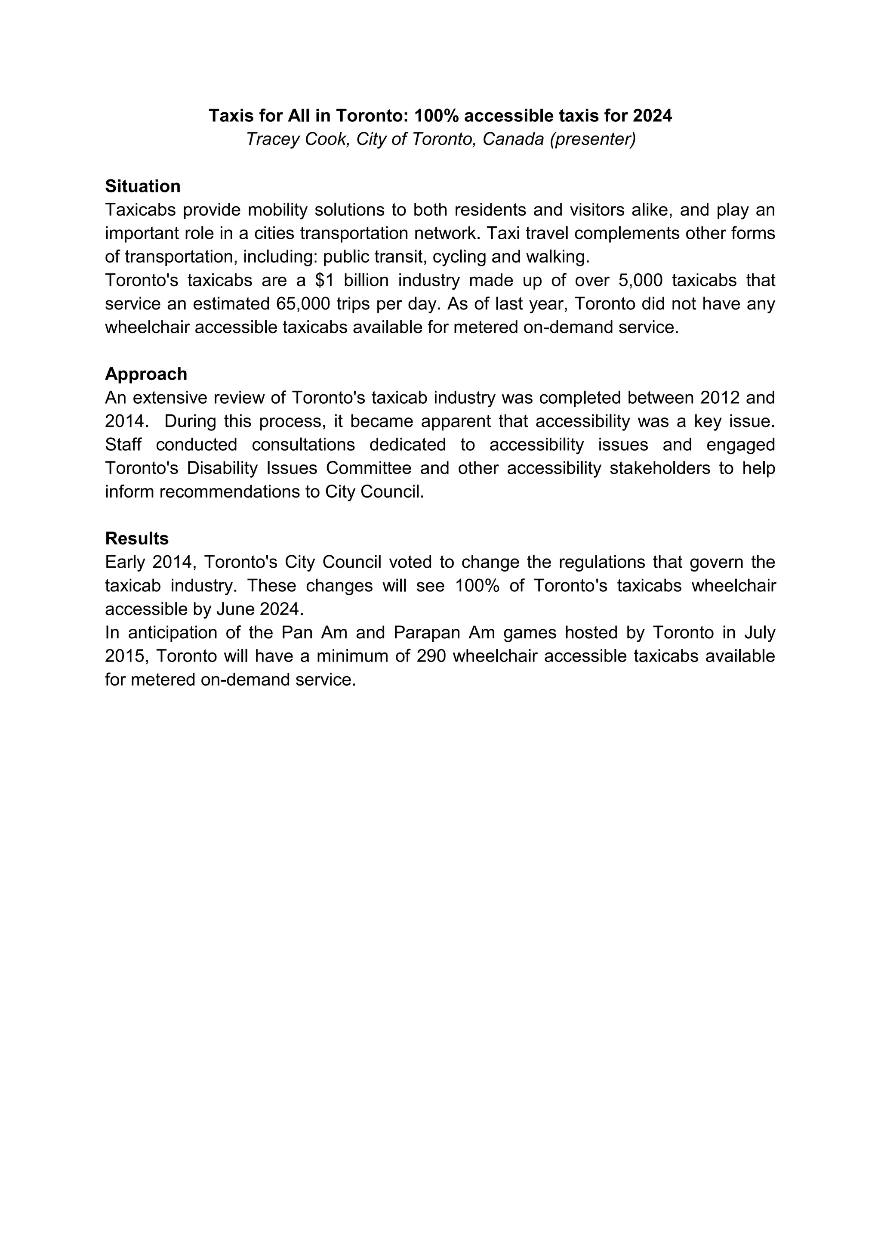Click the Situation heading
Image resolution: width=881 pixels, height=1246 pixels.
coord(143,186)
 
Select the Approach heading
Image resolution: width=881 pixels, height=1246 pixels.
coord(146,374)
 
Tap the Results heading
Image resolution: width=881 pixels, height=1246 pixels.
coord(137,538)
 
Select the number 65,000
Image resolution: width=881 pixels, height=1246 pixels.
coord(303,304)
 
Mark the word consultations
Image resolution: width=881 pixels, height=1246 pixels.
coord(303,445)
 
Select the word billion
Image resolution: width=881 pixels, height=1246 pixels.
coord(366,281)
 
